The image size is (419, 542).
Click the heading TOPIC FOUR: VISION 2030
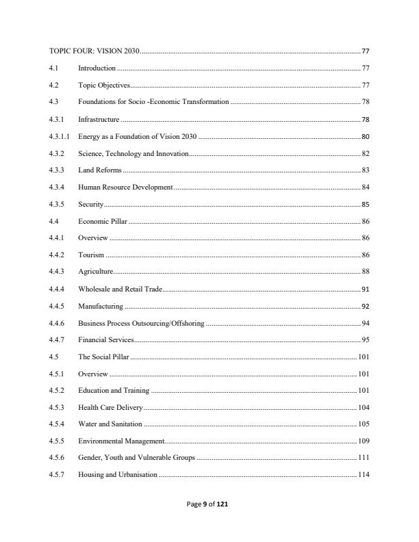94,51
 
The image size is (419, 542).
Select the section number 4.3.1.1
59,136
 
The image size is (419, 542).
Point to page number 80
366,136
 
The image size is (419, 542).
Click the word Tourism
91,255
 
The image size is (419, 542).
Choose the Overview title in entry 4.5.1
93,374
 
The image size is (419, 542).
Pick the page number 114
364,475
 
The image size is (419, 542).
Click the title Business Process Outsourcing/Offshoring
141,322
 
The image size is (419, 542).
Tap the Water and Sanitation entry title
110,424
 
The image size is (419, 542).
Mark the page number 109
364,441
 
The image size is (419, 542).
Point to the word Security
91,204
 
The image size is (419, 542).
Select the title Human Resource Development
126,187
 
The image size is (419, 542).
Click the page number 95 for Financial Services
366,339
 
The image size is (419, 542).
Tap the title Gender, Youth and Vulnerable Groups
136,458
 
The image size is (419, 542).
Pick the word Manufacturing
101,306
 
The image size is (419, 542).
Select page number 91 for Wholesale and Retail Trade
366,289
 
